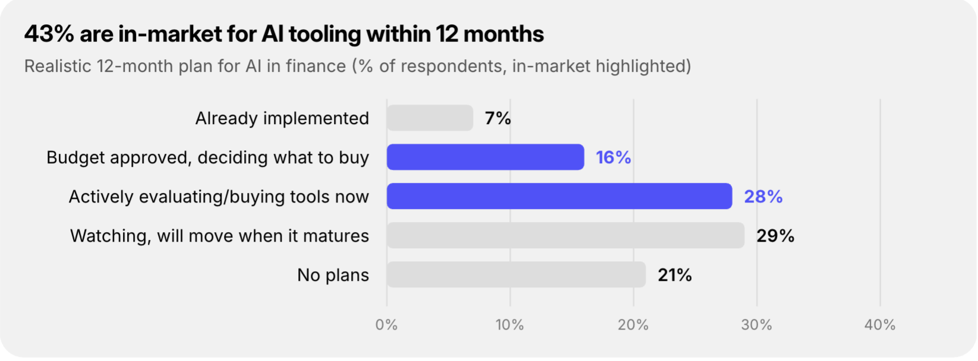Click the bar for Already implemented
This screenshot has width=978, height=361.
coord(430,118)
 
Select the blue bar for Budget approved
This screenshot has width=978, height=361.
coord(485,157)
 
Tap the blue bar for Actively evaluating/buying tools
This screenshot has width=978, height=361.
coord(559,196)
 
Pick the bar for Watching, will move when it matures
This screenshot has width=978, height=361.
coord(566,235)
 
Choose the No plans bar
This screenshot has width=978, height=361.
coord(516,274)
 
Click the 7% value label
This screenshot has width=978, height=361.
coord(498,118)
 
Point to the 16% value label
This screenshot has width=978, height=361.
coord(613,157)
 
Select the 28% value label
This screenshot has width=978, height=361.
coord(763,197)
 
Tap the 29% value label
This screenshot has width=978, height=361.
coord(775,236)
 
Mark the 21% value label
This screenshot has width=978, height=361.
coord(675,275)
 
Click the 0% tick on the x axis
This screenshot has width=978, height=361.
coord(386,325)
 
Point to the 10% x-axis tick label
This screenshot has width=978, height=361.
coord(510,325)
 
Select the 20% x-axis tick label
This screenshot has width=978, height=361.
coord(633,325)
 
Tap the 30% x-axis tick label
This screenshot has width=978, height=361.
coord(756,325)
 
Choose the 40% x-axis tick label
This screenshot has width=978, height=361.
coord(880,325)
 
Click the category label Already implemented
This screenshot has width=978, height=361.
coord(282,118)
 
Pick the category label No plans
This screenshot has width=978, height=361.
coord(333,275)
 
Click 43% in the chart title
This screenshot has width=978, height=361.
coord(49,34)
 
